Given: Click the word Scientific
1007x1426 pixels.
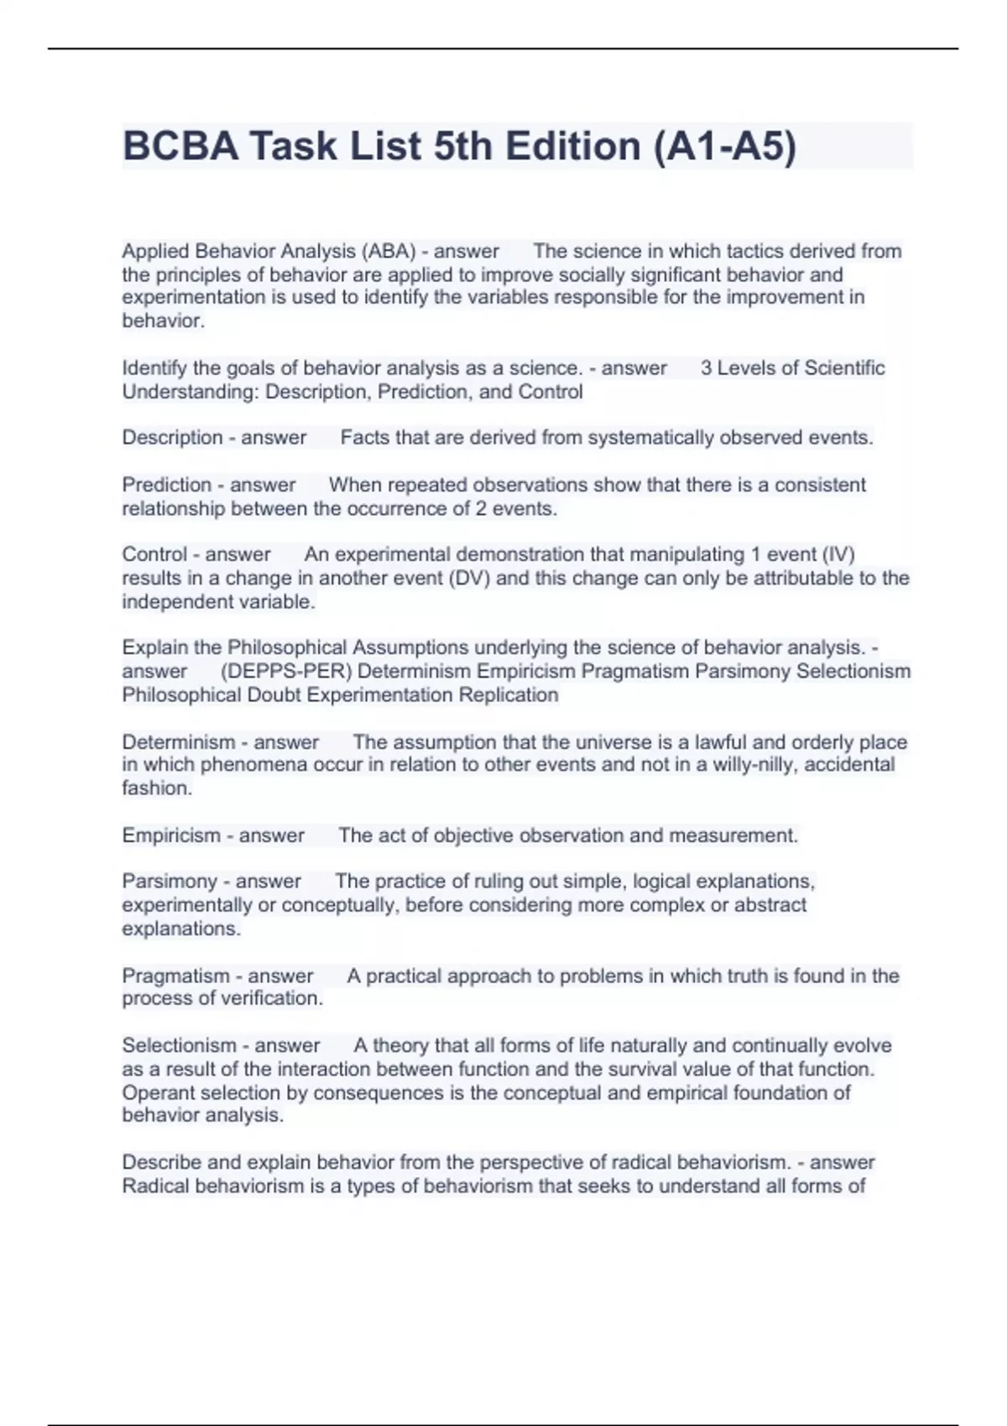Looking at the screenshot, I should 845,367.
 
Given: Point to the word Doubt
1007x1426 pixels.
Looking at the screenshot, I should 276,695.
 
